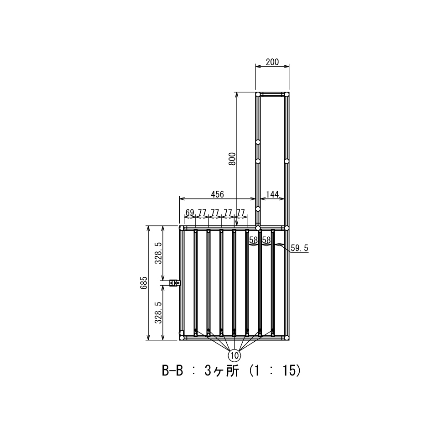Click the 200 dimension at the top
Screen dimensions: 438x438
coord(272,62)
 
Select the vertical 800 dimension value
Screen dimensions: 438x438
coord(232,159)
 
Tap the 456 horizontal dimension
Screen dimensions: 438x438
coord(217,194)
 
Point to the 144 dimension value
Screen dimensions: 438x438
coord(272,194)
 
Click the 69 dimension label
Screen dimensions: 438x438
coord(190,213)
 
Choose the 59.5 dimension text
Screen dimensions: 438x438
coord(299,248)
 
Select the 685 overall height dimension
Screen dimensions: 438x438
coord(144,283)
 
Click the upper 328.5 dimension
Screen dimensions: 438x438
coord(158,253)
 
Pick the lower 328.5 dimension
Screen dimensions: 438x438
coord(158,312)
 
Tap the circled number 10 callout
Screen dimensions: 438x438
coord(235,355)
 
